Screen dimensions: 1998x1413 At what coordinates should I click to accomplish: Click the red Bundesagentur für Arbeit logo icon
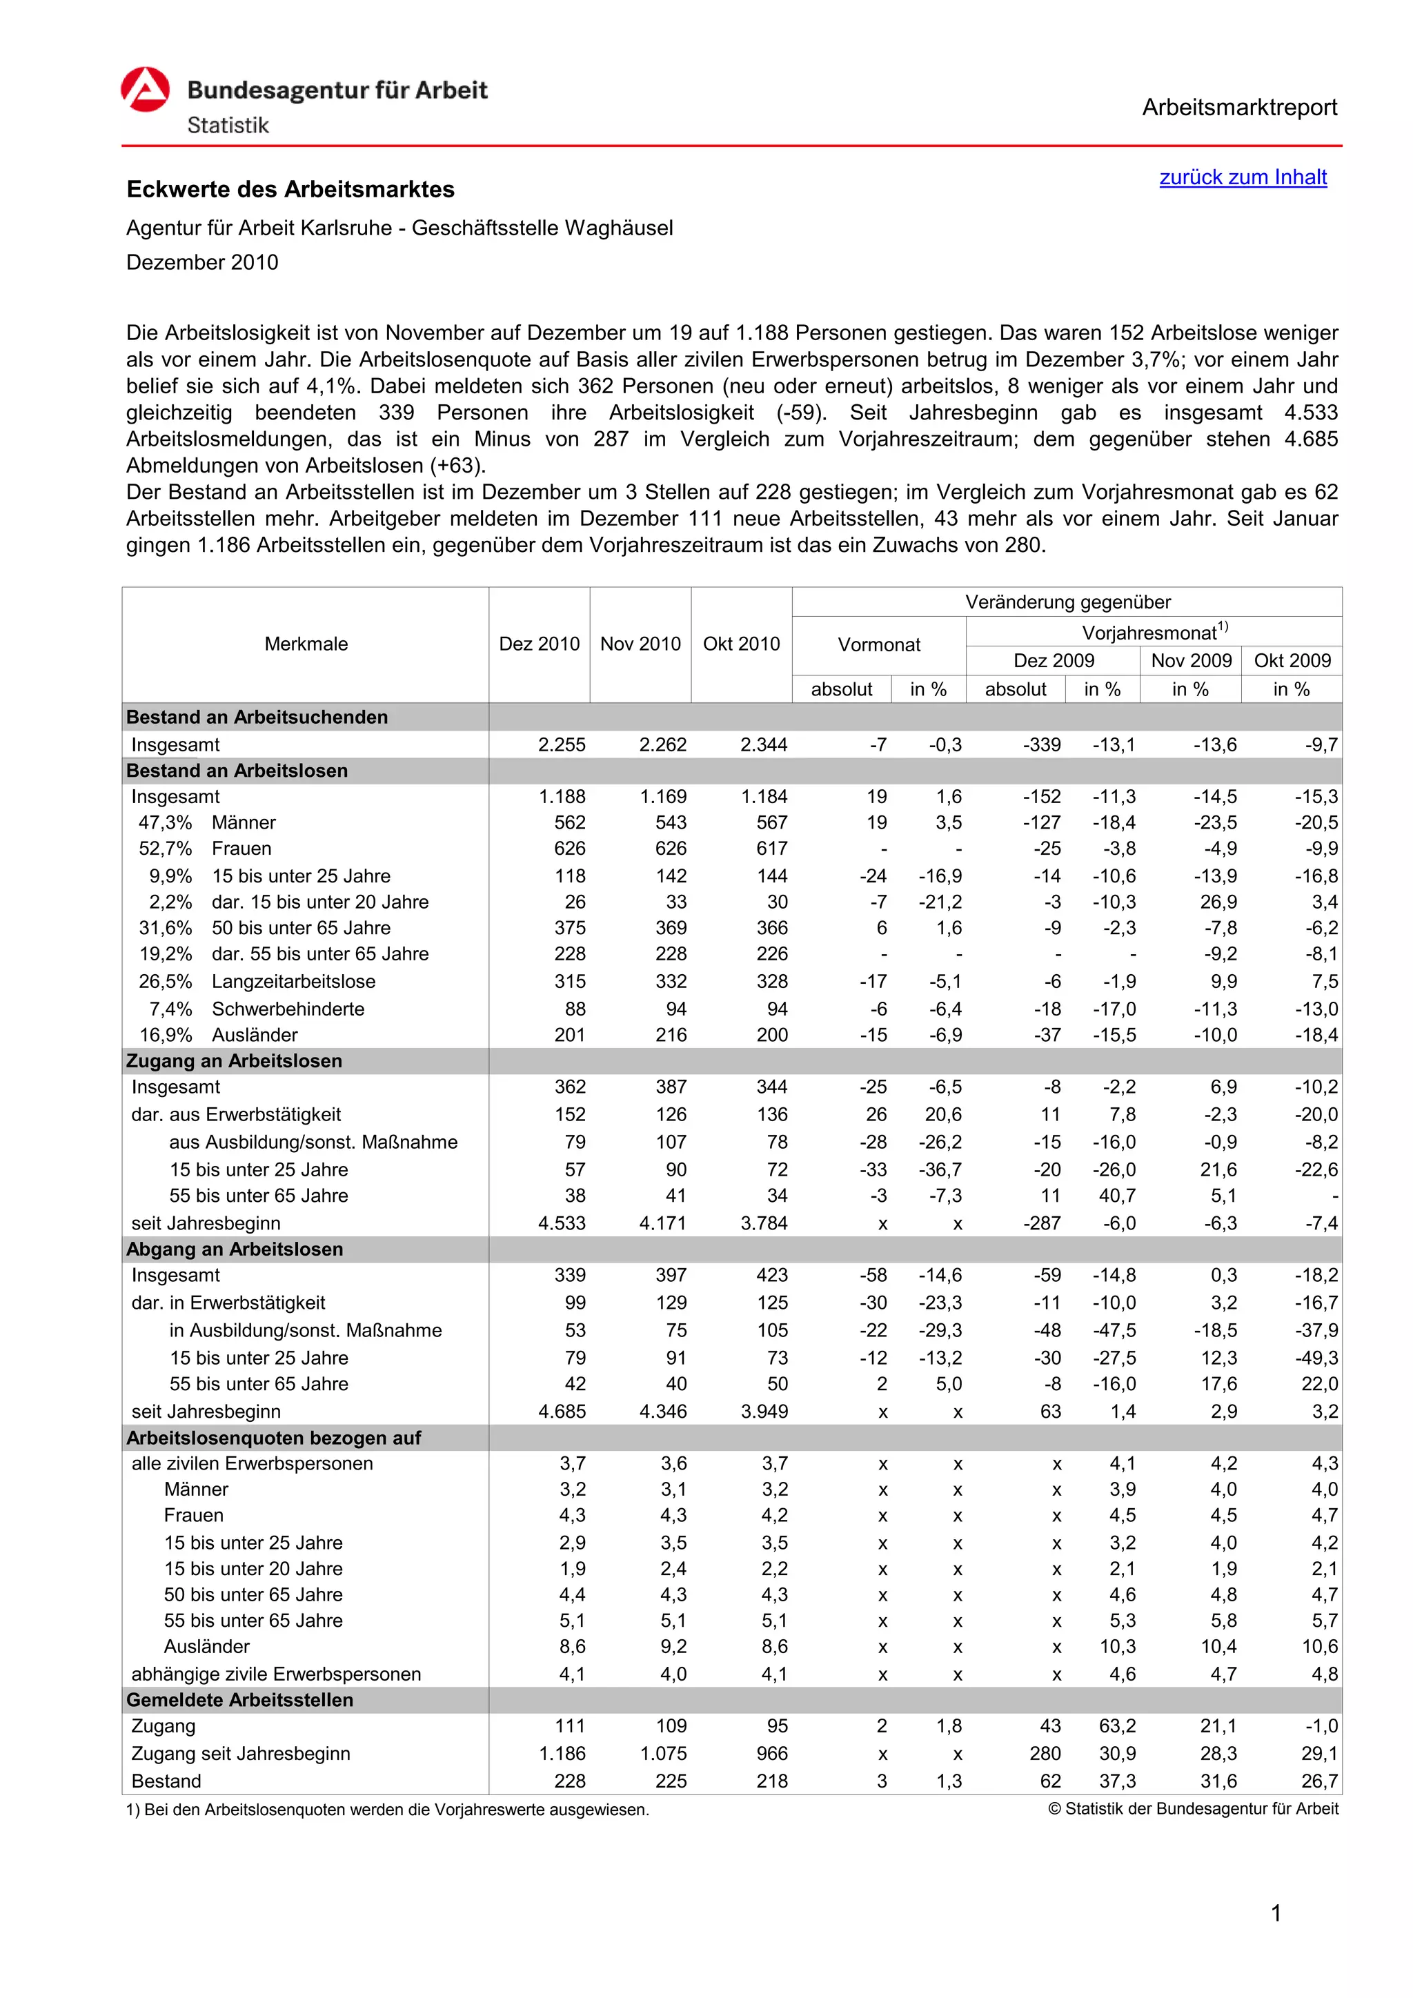(146, 90)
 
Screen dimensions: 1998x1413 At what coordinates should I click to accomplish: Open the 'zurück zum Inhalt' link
(1243, 177)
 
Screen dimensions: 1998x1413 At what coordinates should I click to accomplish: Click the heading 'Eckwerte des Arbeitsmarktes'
(290, 190)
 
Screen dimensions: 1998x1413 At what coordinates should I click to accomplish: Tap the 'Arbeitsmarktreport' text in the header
(1239, 108)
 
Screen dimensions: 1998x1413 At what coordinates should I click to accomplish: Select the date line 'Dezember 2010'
(202, 263)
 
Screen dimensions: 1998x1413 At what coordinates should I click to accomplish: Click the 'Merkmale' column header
(306, 644)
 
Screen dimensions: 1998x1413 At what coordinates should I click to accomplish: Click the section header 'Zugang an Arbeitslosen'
(234, 1061)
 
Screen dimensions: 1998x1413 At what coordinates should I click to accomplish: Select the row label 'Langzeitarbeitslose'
(293, 982)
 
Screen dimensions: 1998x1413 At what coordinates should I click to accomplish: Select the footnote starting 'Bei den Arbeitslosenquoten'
(388, 1810)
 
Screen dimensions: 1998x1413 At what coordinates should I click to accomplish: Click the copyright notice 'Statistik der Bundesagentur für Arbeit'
(1193, 1809)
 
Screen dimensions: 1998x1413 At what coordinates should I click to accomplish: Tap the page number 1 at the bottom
(1276, 1914)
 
